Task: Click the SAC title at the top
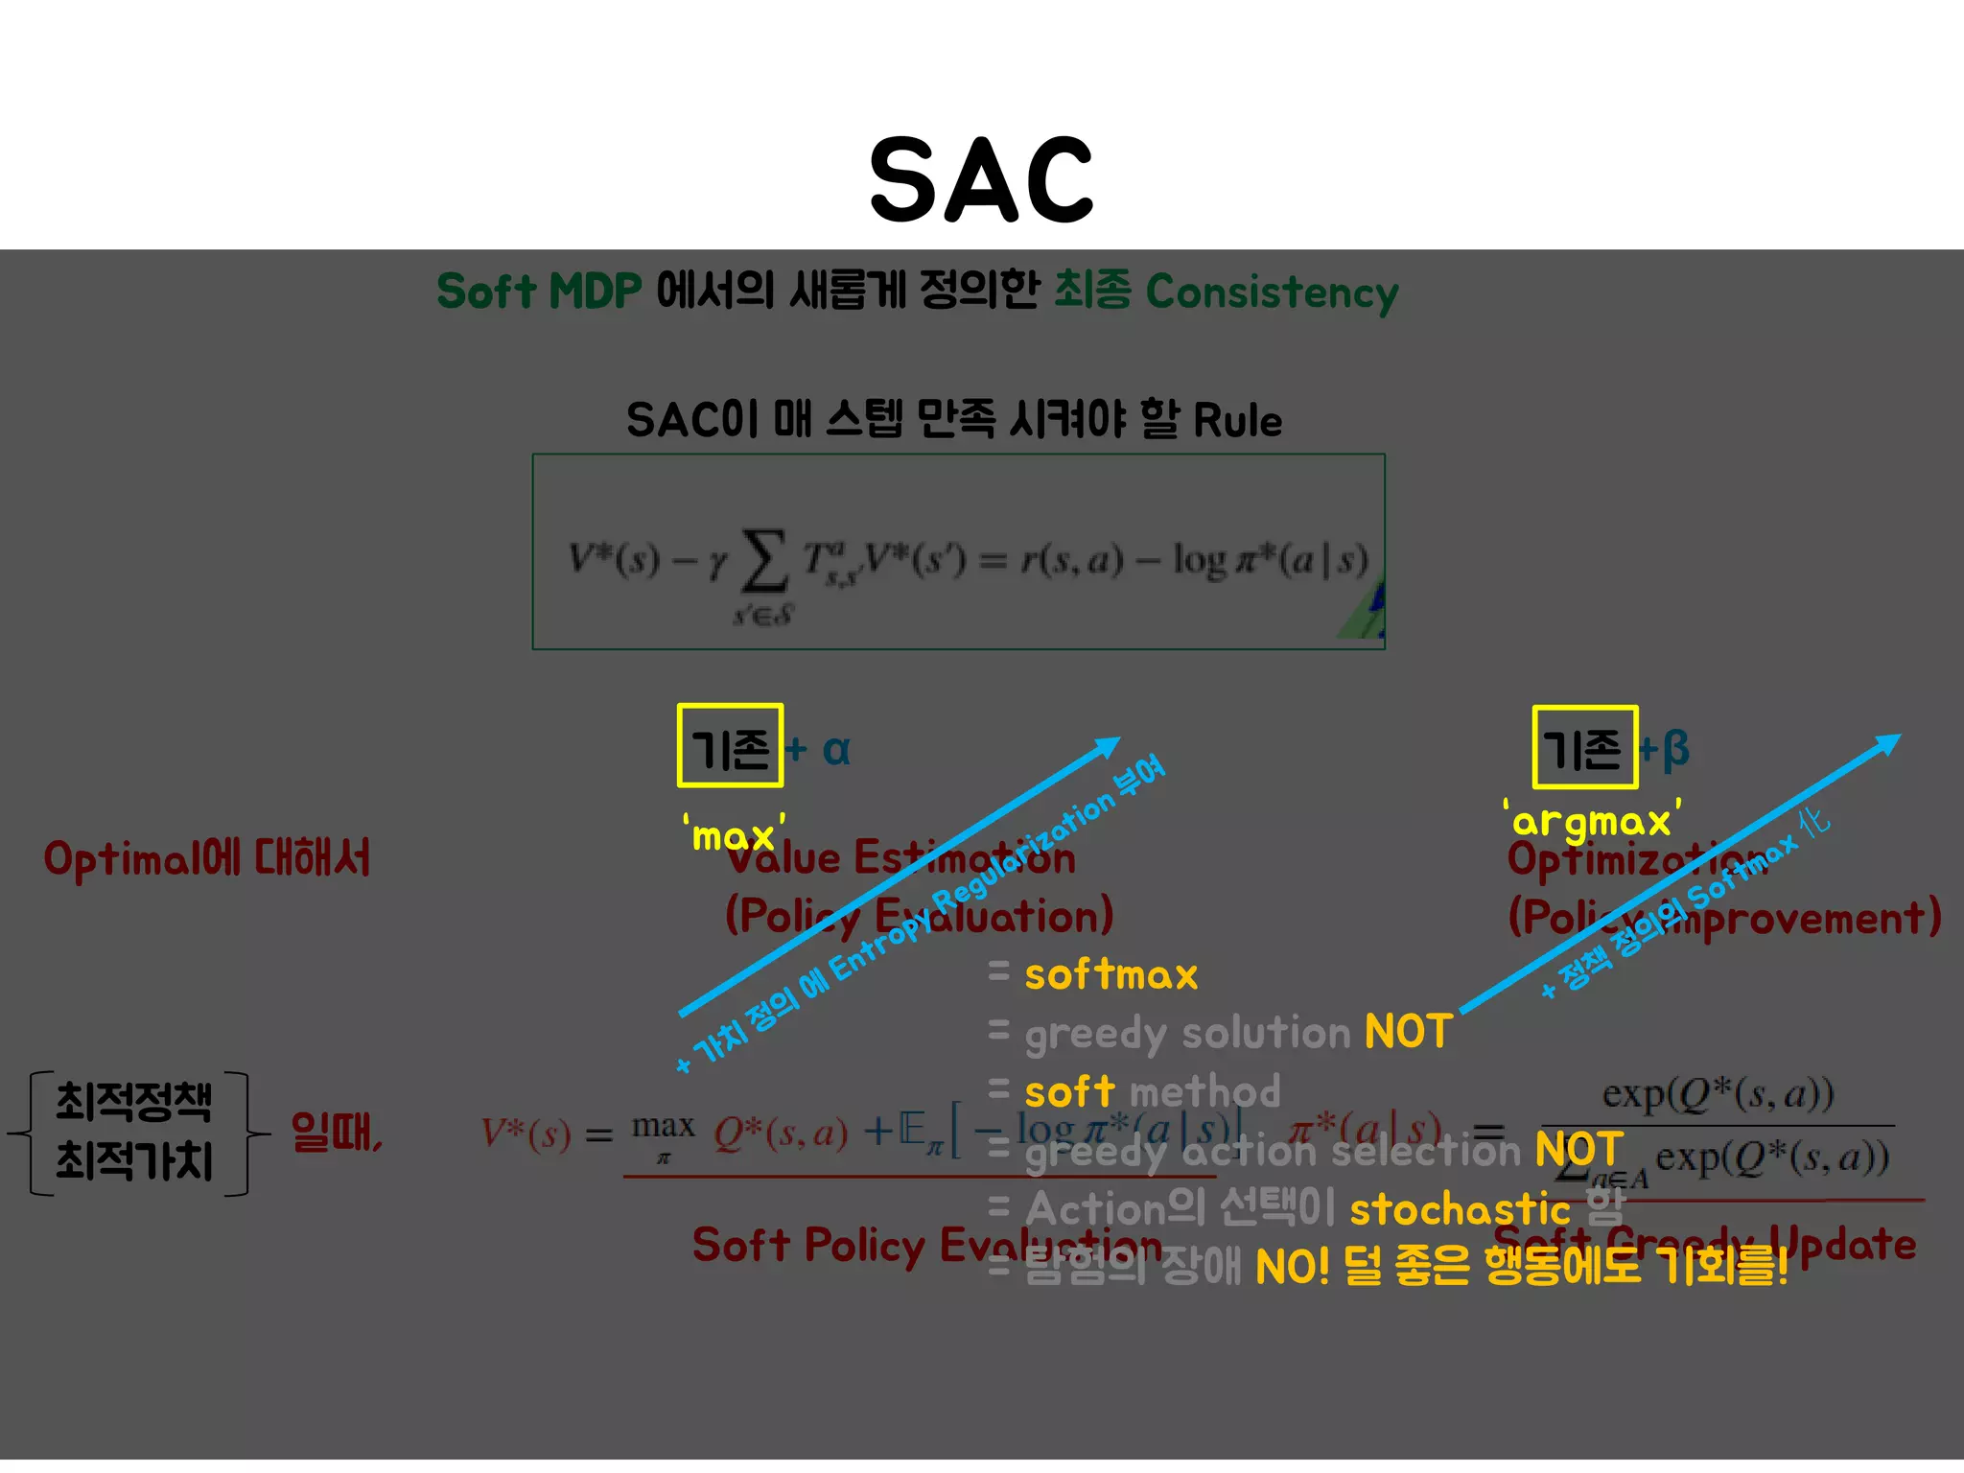pos(981,179)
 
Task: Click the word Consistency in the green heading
pos(1272,292)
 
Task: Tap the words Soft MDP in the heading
pos(539,292)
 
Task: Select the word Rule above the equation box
pos(1237,421)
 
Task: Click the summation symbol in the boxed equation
pos(764,561)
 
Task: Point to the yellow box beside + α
pos(730,746)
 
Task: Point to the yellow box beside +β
pos(1584,747)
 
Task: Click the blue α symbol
pos(836,749)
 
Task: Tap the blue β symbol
pos(1675,748)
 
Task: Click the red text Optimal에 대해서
pos(207,858)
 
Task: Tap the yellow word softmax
pos(1111,975)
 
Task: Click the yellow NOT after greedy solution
pos(1408,1033)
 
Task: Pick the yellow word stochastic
pos(1459,1209)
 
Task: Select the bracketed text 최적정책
pos(133,1101)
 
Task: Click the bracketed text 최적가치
pos(133,1160)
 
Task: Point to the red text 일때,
pos(337,1133)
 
